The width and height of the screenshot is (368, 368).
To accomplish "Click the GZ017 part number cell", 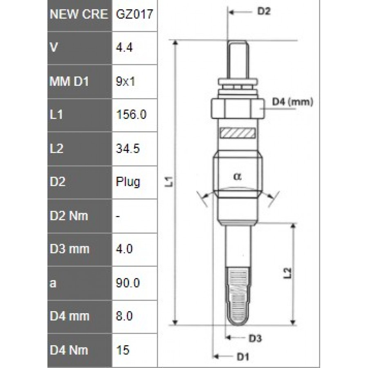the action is [x=135, y=14].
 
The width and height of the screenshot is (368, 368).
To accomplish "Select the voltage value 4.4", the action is [x=124, y=48].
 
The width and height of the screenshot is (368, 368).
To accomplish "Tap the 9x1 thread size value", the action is [x=126, y=81].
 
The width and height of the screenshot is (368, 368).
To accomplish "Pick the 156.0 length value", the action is [x=131, y=114].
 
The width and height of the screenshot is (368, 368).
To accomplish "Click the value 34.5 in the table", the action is [x=128, y=148].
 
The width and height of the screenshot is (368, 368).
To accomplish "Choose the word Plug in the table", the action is [x=128, y=182].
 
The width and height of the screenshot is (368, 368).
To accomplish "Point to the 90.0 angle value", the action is [x=128, y=283].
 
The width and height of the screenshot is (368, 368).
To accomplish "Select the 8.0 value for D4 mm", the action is [x=124, y=316].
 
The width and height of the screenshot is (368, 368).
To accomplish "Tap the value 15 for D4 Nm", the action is [x=123, y=350].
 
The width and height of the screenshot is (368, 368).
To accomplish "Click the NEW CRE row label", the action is [x=79, y=14].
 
